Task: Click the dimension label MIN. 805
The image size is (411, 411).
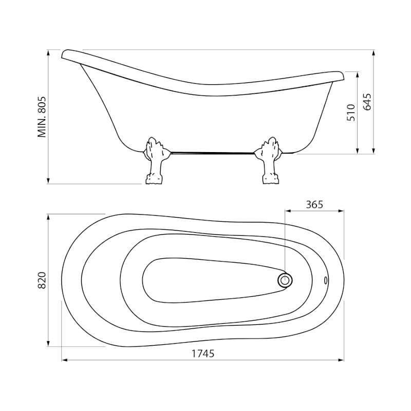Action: pos(42,117)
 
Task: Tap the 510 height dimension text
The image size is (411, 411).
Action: pos(351,113)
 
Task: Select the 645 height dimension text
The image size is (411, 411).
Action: pos(367,102)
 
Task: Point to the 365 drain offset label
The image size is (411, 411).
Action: pos(314,204)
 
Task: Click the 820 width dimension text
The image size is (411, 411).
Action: pos(42,280)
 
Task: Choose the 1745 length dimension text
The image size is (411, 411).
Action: pos(203,353)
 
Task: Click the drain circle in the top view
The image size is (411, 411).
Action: pos(285,281)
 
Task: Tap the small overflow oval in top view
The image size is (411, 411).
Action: pos(326,280)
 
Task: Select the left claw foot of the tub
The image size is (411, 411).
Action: pos(154,160)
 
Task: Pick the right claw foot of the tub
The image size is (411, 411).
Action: pos(270,160)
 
